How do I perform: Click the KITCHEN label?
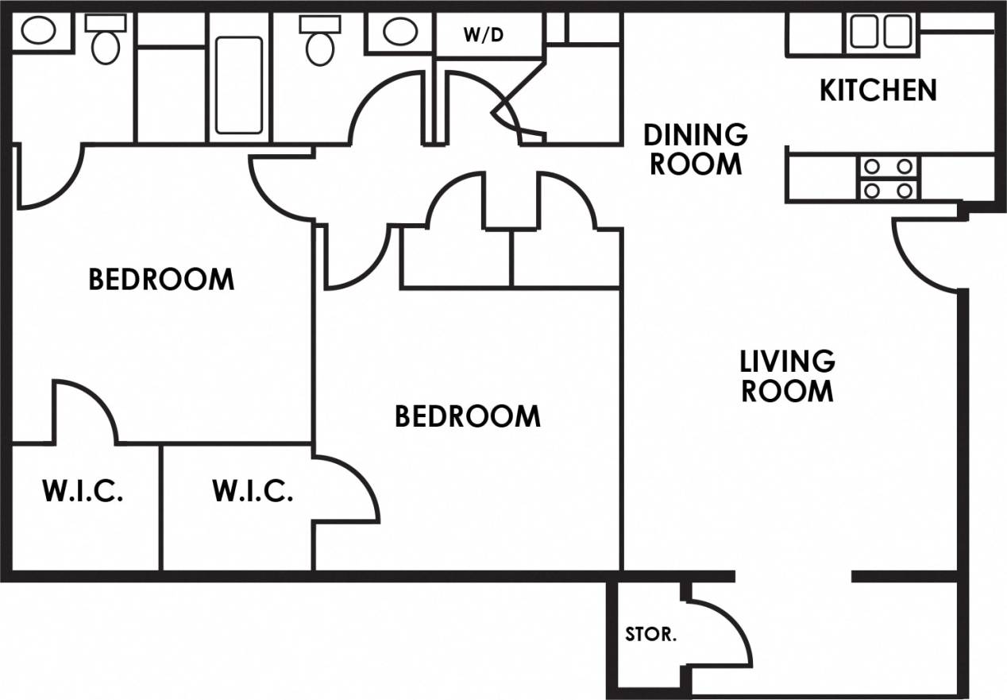point(878,90)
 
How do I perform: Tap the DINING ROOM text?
point(696,149)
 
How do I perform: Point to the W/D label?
point(484,35)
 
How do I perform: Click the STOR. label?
point(650,635)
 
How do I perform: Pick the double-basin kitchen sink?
point(878,33)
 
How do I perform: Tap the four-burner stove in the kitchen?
point(888,178)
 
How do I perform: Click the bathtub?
point(239,84)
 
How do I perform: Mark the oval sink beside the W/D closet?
point(398,32)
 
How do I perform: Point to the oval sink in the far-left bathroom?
point(37,32)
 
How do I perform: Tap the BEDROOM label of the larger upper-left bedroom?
point(161,280)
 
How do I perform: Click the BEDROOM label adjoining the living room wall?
point(467,416)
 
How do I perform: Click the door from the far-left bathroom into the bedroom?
point(49,179)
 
